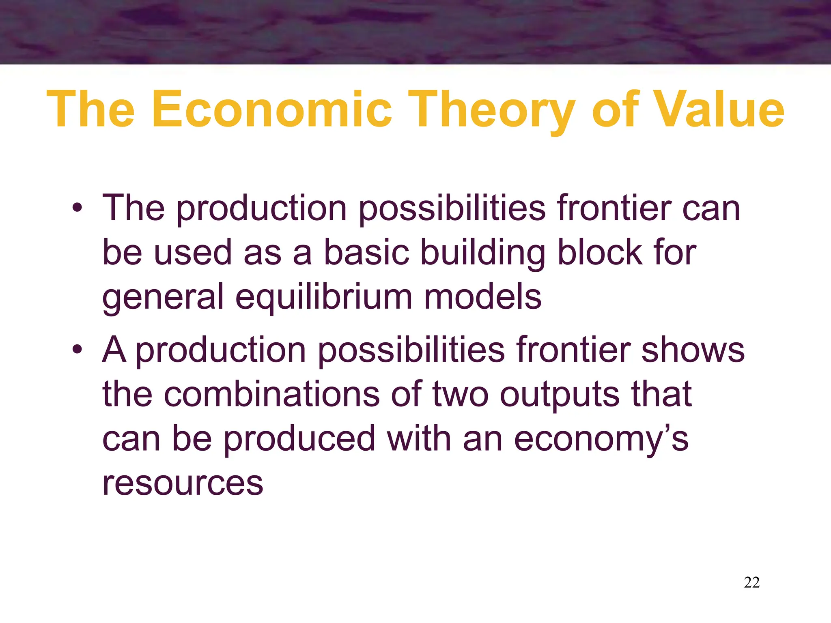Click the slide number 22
[x=751, y=582]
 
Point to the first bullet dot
[x=77, y=208]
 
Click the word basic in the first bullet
[x=366, y=252]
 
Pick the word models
[x=482, y=297]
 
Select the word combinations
[x=271, y=394]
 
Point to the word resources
[x=183, y=483]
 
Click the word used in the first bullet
[x=193, y=252]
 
